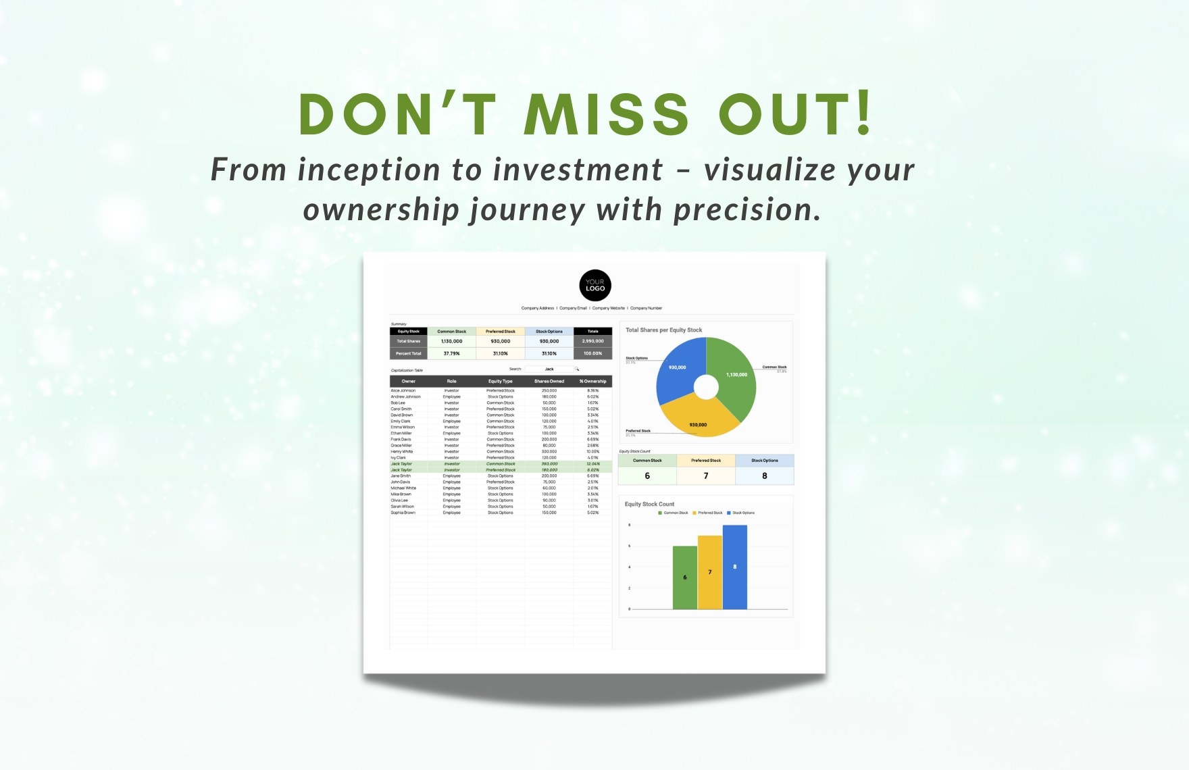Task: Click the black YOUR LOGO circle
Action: coord(595,286)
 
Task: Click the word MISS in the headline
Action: coord(606,114)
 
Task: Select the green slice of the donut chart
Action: coord(732,378)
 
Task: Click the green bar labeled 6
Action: coord(684,577)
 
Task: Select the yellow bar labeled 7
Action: coord(709,572)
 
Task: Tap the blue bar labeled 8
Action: coord(735,567)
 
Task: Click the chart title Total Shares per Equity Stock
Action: coord(663,330)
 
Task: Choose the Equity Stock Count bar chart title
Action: coord(649,504)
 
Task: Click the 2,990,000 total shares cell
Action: coord(592,341)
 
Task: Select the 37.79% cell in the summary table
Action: coord(451,353)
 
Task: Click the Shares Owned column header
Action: coord(549,381)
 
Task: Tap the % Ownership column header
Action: coord(592,381)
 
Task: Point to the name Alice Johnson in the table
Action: coord(403,390)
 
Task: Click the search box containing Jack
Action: coord(549,369)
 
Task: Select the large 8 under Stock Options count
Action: coord(765,476)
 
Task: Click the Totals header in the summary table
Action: coord(592,331)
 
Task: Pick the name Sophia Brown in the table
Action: coord(403,513)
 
